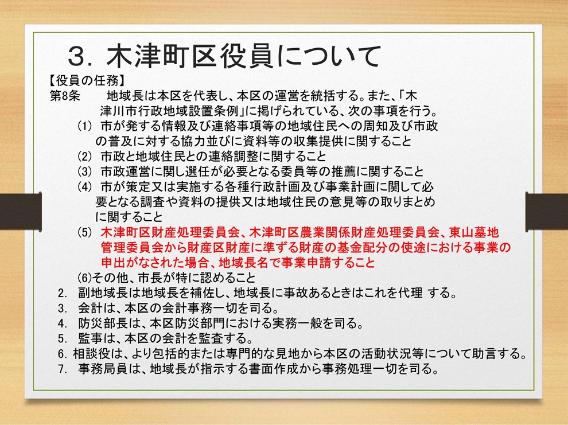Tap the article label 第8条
pos(65,96)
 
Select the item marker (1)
pos(85,126)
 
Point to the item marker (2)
pos(85,157)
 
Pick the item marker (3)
pos(85,171)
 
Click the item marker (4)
pos(85,187)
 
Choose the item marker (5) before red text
pos(85,232)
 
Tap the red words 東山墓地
pos(474,232)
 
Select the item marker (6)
pos(85,278)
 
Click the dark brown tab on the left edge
pos(21,212)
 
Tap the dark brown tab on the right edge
pos(547,212)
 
